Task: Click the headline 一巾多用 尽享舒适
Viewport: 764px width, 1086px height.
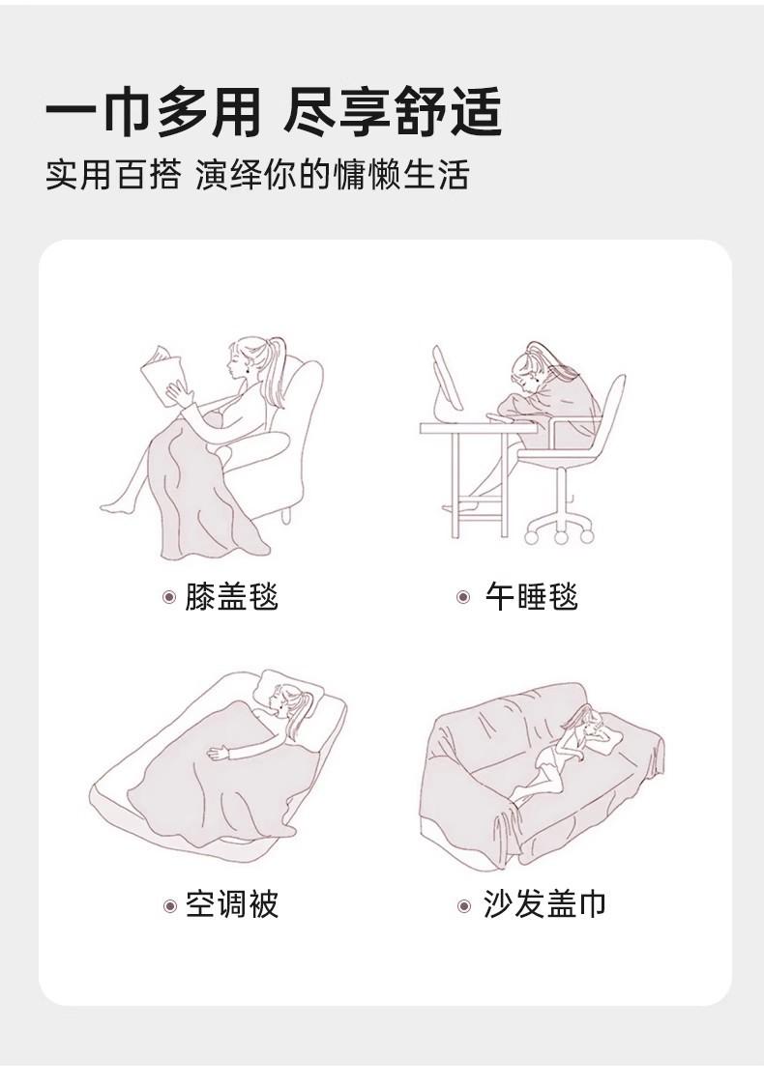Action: click(273, 112)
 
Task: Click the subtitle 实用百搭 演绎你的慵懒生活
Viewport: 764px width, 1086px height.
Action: click(257, 174)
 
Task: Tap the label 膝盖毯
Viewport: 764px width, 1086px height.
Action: click(231, 597)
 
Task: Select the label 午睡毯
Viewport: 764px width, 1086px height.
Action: click(531, 597)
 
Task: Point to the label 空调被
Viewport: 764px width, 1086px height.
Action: click(231, 904)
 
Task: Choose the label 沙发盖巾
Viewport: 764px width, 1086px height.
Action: click(544, 904)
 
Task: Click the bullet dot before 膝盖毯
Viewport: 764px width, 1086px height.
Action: click(169, 597)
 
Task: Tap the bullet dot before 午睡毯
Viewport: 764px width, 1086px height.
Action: click(464, 597)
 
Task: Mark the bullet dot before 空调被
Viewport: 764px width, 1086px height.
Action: click(170, 905)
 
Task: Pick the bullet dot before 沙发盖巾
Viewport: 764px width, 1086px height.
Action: click(464, 905)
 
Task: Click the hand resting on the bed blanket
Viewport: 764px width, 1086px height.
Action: click(219, 753)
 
